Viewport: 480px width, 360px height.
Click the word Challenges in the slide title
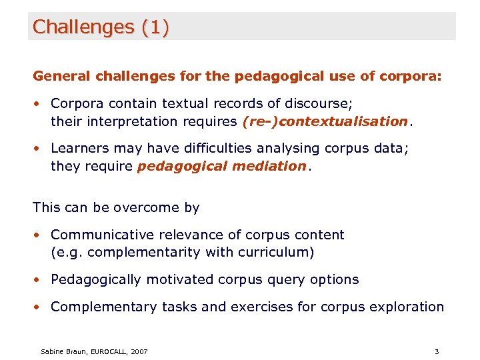[x=83, y=27]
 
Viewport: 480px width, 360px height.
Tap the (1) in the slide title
[x=155, y=27]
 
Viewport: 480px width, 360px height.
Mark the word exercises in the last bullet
[x=273, y=307]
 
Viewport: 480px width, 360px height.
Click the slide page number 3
[x=436, y=351]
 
